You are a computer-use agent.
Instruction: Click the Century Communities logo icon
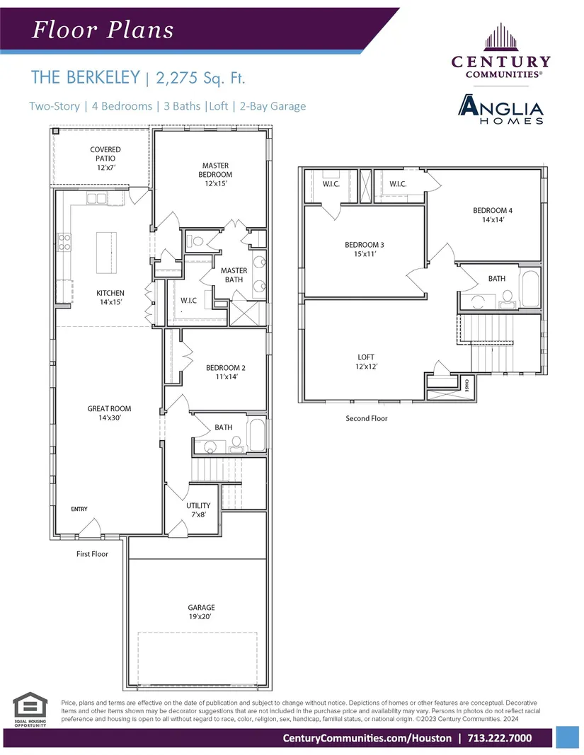tap(501, 37)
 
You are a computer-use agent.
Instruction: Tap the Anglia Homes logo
tap(500, 109)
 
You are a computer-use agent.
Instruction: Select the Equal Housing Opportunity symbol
tap(30, 709)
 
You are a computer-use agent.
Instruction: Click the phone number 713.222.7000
tap(499, 738)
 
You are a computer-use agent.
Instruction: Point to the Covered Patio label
tap(105, 159)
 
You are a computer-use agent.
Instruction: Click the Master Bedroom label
tap(215, 174)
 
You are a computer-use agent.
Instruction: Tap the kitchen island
tap(106, 253)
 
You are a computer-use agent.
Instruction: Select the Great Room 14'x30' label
tap(110, 413)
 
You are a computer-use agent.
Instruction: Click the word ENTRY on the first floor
tap(79, 509)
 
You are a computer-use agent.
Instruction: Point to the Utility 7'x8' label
tap(198, 510)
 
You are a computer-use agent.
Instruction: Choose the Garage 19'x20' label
tap(202, 612)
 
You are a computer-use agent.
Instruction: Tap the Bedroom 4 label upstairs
tap(493, 214)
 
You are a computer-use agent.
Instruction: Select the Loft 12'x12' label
tap(366, 362)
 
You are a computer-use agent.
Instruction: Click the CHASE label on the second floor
tap(466, 385)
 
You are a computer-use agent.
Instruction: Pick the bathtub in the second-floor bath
tap(530, 289)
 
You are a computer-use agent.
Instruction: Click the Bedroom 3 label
tap(365, 249)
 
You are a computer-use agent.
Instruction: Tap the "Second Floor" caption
tap(367, 418)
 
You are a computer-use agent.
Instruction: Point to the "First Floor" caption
tap(92, 554)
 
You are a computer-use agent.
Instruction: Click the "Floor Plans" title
tap(103, 30)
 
